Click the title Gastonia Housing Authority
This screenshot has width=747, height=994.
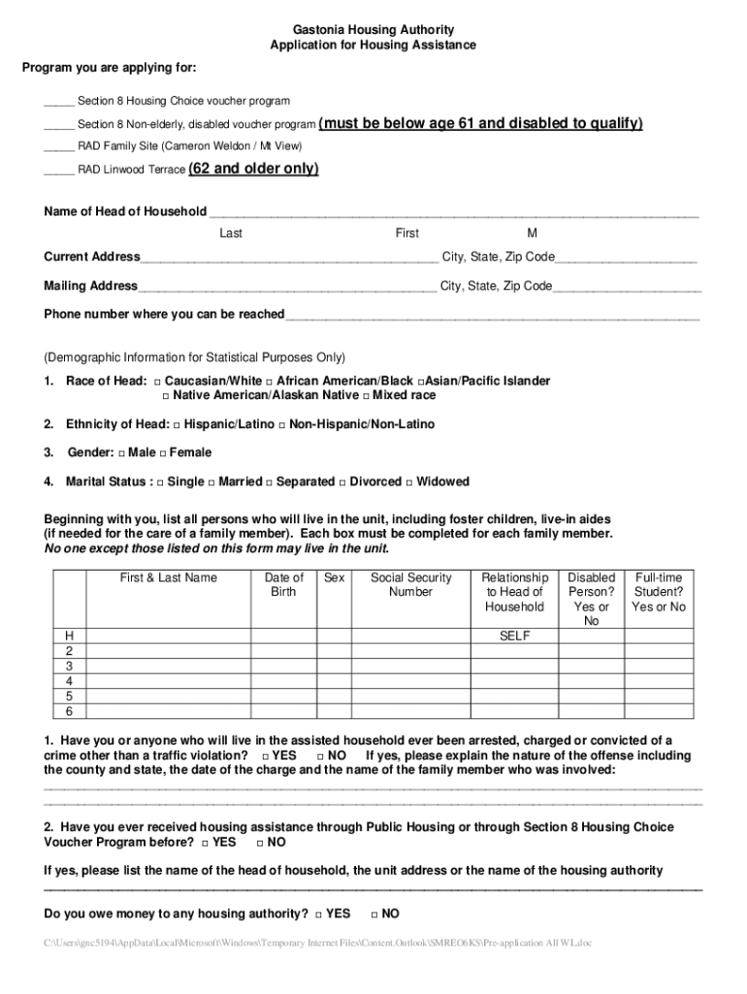click(373, 30)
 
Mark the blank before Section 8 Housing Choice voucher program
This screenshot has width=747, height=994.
click(58, 101)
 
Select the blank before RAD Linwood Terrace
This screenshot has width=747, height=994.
click(58, 170)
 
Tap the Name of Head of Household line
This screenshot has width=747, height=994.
click(453, 213)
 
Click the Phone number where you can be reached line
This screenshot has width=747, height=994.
click(492, 315)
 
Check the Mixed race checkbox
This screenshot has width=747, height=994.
click(367, 396)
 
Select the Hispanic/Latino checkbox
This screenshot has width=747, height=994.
click(177, 425)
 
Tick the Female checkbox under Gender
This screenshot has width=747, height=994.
click(163, 453)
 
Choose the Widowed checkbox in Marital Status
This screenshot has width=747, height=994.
click(409, 482)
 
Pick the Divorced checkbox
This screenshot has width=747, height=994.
click(342, 482)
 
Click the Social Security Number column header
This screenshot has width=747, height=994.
click(410, 584)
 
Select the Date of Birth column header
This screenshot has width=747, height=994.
click(283, 584)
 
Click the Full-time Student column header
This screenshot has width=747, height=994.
click(658, 592)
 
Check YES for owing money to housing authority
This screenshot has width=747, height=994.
click(318, 914)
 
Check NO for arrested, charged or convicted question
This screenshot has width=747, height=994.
click(321, 756)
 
